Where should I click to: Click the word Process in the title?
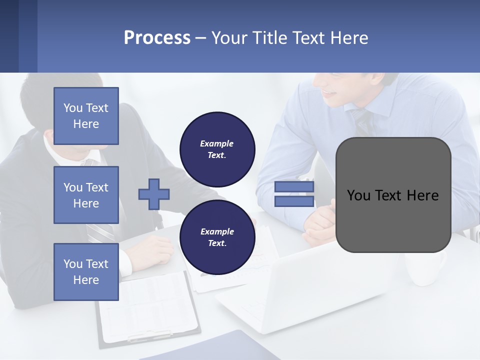coord(157,38)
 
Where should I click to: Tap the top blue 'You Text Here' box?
coord(86,116)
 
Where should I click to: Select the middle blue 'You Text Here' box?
coord(86,195)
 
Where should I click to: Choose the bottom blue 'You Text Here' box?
coord(86,272)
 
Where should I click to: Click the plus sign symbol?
coord(153,194)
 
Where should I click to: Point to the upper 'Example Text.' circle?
coord(217,149)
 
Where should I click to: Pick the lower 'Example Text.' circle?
coord(217,237)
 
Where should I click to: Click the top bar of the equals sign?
coord(294,186)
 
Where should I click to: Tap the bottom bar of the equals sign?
coord(294,201)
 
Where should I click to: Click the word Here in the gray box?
coord(422,195)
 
